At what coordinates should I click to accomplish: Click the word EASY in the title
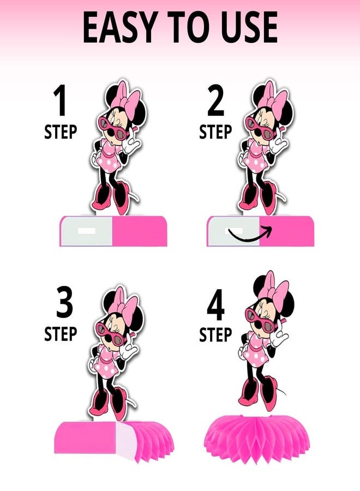119,28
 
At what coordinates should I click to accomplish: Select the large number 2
215,100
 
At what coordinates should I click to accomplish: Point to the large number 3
64,303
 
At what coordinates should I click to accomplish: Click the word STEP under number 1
61,132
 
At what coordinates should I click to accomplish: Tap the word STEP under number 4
215,334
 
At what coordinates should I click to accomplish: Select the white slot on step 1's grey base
86,231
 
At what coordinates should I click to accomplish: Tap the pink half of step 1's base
140,231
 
